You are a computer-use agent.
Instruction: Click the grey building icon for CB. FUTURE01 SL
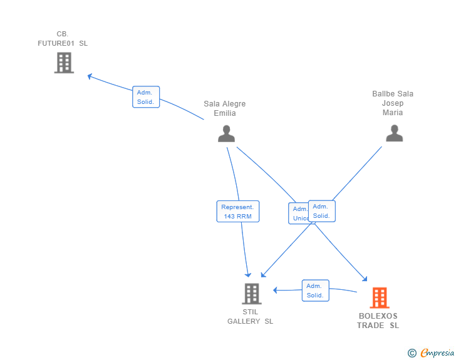pos(64,63)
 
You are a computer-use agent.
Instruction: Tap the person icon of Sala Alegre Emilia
pos(226,133)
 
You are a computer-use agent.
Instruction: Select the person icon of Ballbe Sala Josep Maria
pos(394,133)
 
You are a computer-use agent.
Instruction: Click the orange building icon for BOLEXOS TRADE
pos(379,298)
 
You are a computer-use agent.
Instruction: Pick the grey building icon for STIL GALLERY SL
pos(251,293)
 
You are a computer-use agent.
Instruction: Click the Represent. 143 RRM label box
pos(238,212)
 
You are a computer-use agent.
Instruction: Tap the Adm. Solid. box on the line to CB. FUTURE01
pos(146,97)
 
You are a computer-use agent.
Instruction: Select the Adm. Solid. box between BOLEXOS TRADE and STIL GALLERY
pos(315,291)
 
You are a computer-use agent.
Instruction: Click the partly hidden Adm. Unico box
pos(298,213)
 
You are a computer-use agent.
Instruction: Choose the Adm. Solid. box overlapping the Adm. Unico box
pos(322,211)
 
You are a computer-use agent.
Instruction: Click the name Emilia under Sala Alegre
pos(225,113)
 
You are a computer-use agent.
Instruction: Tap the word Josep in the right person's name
pos(393,103)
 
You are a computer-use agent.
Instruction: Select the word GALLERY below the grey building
pos(244,321)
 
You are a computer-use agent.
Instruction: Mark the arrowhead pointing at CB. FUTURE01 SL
pos(90,76)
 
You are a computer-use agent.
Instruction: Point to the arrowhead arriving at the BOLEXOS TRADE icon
pos(365,280)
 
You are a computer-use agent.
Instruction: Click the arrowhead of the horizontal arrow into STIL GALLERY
pos(274,290)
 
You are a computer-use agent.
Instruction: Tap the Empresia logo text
pos(438,353)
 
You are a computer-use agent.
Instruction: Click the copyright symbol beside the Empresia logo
pos(412,353)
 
